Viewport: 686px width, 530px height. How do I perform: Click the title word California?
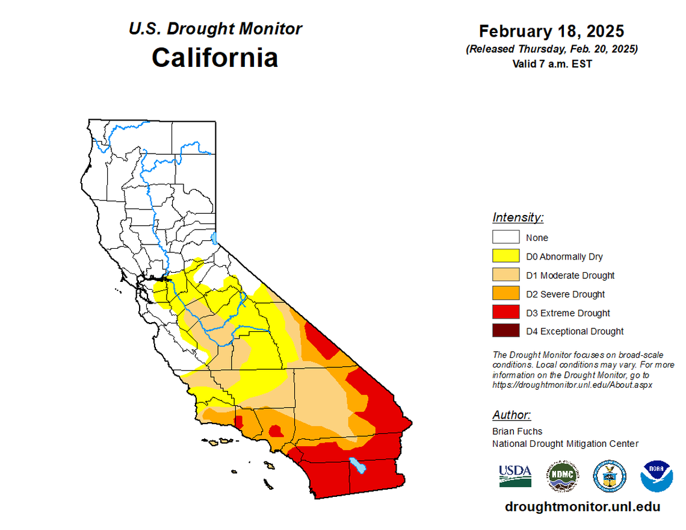click(x=215, y=58)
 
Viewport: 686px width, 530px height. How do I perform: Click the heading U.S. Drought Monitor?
click(x=215, y=28)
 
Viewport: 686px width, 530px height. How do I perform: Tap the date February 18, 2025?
click(x=551, y=31)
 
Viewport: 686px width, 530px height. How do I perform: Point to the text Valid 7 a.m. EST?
click(x=551, y=63)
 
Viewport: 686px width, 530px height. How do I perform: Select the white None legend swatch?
click(x=505, y=237)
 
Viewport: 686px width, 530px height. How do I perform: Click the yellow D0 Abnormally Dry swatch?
click(x=505, y=256)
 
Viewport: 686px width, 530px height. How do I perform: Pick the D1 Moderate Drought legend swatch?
click(x=505, y=275)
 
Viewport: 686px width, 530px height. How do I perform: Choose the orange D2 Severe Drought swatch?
click(x=505, y=294)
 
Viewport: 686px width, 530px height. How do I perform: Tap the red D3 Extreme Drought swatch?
click(x=505, y=313)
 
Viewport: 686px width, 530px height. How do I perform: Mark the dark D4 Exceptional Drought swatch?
click(x=505, y=331)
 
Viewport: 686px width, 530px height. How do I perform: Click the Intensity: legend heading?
click(x=518, y=217)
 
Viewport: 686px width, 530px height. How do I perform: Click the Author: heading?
click(x=511, y=415)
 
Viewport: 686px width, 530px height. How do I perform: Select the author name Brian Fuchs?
click(x=517, y=431)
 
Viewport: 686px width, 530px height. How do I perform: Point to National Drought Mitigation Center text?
click(x=565, y=444)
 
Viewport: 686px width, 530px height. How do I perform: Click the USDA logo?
click(x=515, y=475)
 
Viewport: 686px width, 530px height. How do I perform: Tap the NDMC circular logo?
click(x=562, y=475)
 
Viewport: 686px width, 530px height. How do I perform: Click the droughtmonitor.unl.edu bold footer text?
click(x=582, y=507)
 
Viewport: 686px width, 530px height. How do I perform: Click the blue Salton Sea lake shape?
click(x=359, y=466)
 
